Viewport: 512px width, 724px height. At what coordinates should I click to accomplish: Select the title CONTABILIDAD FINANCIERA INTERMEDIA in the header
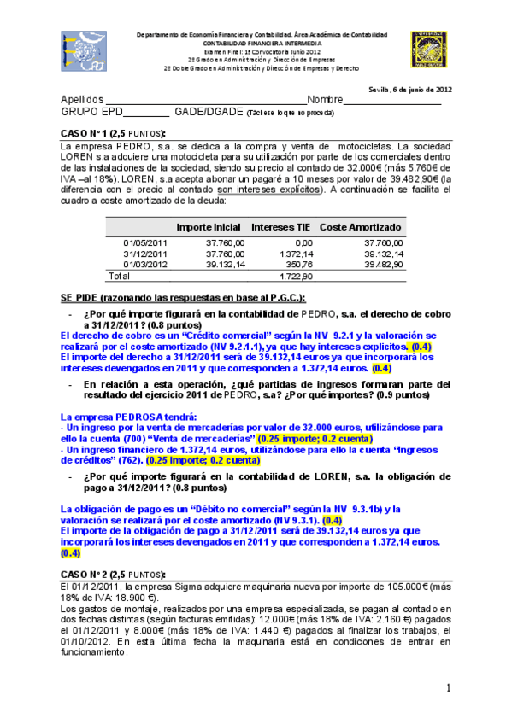262,42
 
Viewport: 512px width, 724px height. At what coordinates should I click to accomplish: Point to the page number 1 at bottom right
448,688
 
